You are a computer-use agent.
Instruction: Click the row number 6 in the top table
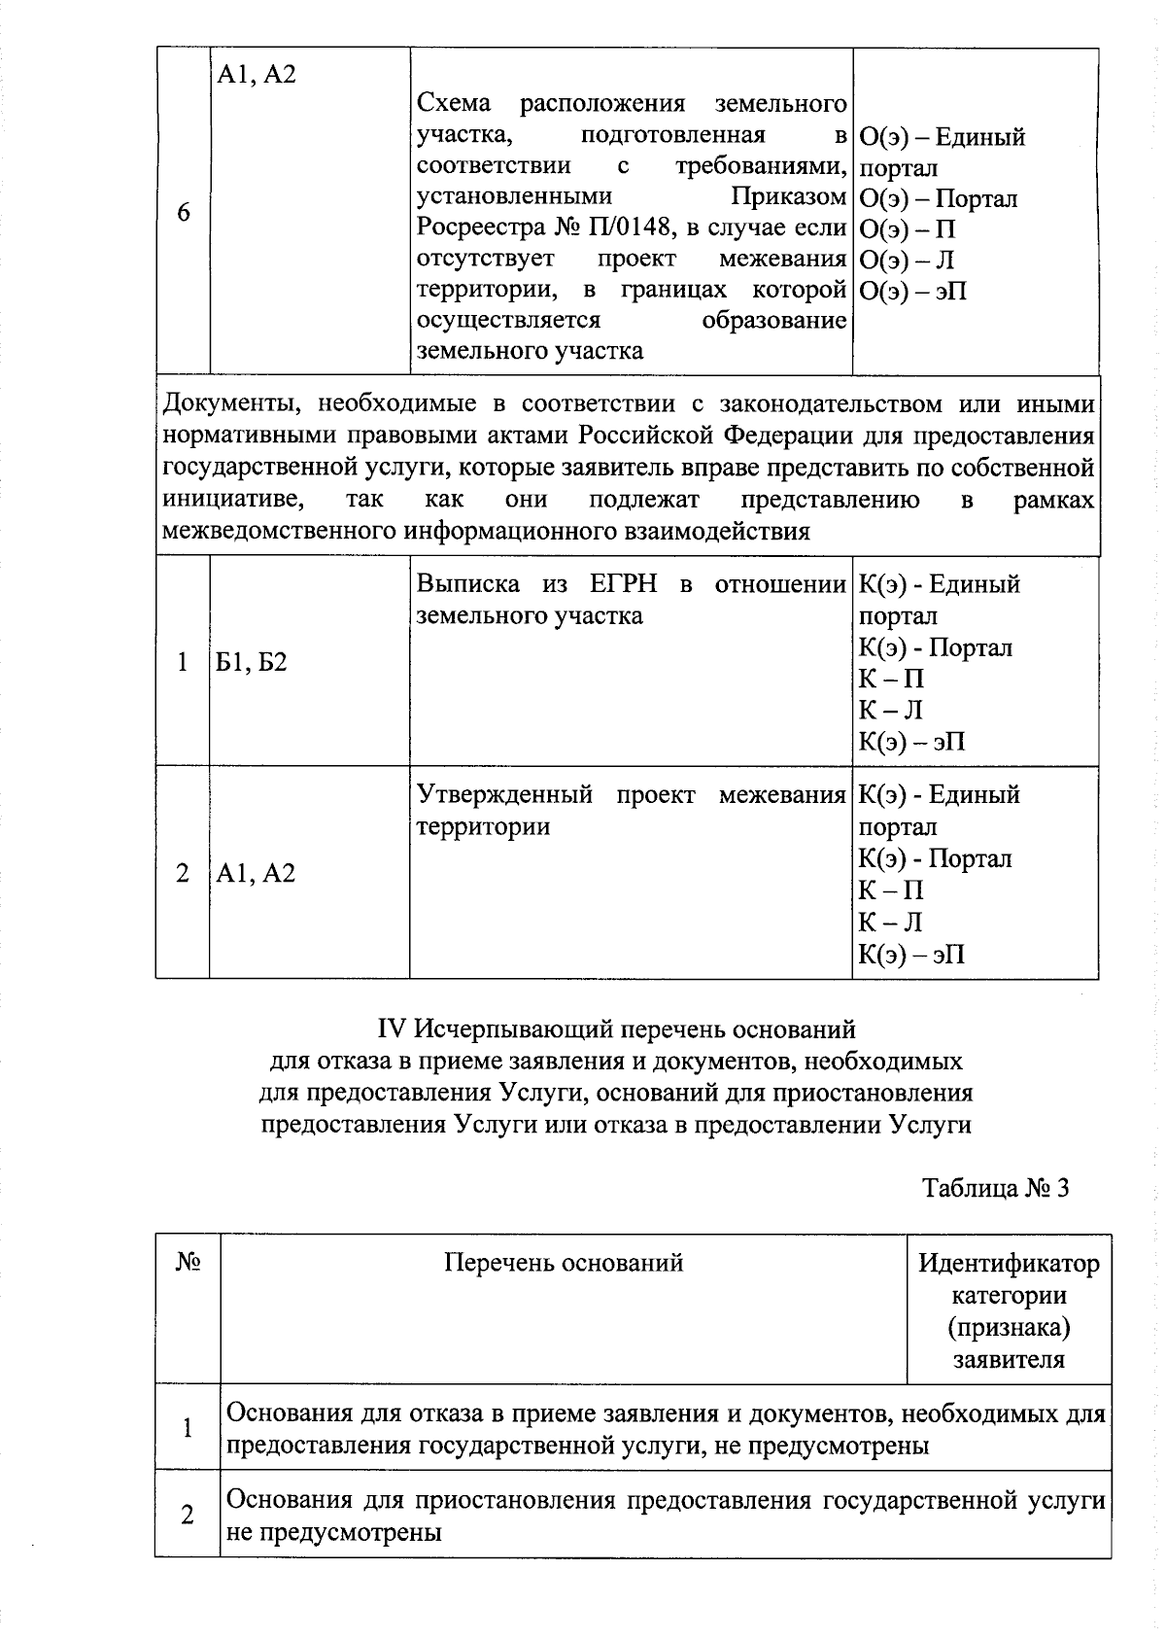(x=184, y=213)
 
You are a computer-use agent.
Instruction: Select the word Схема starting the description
(x=454, y=103)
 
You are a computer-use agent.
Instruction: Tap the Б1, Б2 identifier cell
(x=252, y=663)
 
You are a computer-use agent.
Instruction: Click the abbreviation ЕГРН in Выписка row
(x=623, y=584)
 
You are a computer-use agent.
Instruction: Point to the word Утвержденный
(x=505, y=795)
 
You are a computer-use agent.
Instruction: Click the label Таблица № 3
(x=996, y=1188)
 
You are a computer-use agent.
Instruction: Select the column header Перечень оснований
(x=564, y=1263)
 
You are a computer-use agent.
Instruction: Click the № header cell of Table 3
(x=189, y=1262)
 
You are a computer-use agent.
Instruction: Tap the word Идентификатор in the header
(x=1010, y=1264)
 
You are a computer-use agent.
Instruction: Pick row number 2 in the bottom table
(x=188, y=1516)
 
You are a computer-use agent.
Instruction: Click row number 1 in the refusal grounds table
(x=188, y=1428)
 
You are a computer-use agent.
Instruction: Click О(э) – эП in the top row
(x=913, y=291)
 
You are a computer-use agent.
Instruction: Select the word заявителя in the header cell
(x=1009, y=1359)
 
